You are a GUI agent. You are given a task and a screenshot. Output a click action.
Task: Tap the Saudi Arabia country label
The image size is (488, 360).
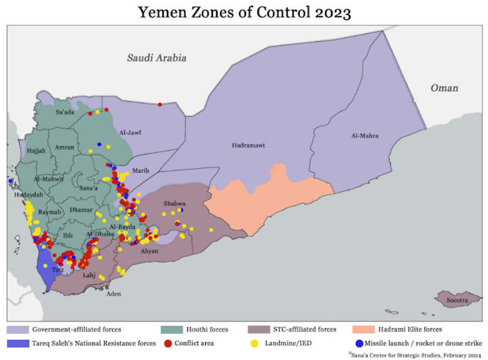pos(157,58)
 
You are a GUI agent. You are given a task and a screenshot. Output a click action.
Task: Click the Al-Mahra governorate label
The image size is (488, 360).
pos(364,136)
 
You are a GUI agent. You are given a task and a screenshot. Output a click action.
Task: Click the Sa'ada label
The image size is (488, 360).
pos(65,112)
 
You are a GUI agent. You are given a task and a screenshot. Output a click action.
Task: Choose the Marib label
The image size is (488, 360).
pos(140,170)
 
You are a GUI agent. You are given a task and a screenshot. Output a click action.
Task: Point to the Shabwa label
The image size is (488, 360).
pos(174,203)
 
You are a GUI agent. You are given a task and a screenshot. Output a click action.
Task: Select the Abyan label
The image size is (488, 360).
pos(149,251)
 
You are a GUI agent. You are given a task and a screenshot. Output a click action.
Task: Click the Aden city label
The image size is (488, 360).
pos(113,293)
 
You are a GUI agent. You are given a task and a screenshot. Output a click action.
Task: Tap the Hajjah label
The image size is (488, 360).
pos(36,150)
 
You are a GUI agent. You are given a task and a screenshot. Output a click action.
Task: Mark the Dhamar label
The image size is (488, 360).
pos(81,210)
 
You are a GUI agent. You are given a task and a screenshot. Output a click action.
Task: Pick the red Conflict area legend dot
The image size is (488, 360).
pos(169,343)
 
